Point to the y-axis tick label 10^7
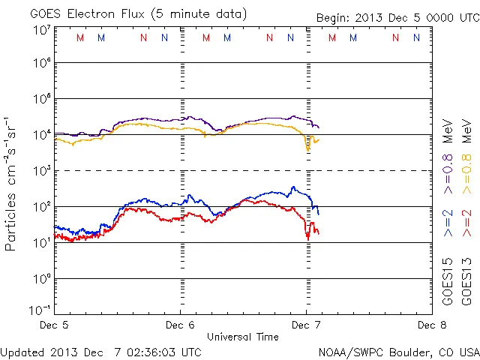pos(41,31)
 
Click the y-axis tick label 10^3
pos(41,170)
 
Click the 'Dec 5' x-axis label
pos(54,325)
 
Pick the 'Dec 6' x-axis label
pos(180,325)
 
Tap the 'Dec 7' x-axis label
pos(307,325)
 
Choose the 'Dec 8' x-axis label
pos(432,325)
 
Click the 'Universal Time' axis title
pos(243,337)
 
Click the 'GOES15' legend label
pos(448,283)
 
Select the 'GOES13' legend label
pos(466,283)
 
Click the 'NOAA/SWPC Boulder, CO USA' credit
pos(398,351)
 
